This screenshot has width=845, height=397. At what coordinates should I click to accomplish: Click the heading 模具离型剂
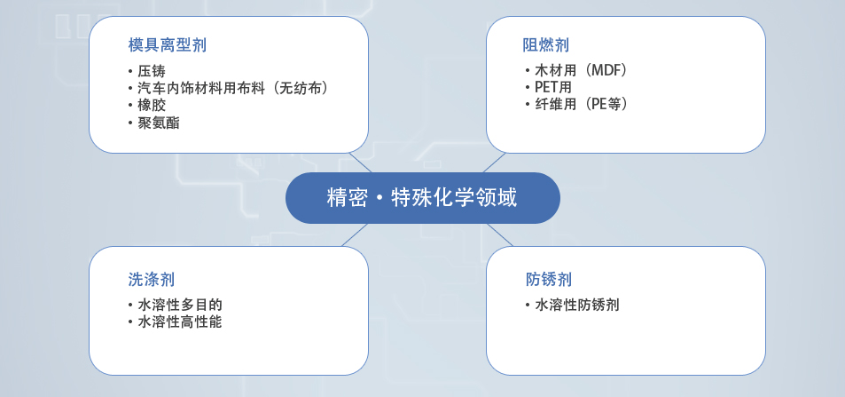click(167, 44)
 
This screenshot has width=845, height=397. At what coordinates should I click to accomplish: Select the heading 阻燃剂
click(546, 44)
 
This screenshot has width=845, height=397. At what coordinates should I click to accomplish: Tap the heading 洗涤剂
click(152, 279)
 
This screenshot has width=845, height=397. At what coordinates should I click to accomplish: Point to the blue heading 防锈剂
click(549, 279)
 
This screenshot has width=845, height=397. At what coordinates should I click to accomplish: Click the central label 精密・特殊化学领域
click(422, 198)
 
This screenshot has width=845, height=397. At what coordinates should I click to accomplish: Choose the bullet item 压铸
click(147, 71)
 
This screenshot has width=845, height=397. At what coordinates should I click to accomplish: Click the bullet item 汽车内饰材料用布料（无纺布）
click(229, 88)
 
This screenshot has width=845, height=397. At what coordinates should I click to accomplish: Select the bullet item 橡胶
click(147, 106)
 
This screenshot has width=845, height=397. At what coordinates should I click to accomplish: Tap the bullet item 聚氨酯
click(154, 123)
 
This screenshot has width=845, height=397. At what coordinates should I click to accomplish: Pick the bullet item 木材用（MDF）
click(576, 70)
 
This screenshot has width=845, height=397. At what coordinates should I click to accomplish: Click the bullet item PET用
click(549, 87)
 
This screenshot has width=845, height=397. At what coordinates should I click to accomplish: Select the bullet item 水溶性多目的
click(176, 305)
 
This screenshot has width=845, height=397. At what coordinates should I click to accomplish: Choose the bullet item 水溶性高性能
click(176, 322)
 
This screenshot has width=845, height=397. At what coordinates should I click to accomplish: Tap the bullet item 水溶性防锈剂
click(572, 305)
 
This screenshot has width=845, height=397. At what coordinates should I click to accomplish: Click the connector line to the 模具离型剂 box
click(361, 163)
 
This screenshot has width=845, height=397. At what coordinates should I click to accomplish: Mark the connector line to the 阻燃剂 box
click(494, 163)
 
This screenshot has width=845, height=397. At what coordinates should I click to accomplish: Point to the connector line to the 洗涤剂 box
click(355, 235)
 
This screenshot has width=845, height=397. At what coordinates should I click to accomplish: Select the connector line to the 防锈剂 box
click(499, 235)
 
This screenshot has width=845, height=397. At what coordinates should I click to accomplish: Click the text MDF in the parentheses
click(606, 70)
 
